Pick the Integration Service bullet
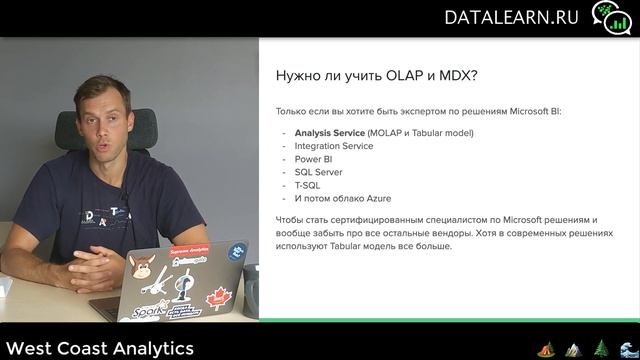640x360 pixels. point(334,146)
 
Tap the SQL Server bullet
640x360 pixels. point(319,172)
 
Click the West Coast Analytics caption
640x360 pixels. point(98,348)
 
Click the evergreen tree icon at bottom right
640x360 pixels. point(601,348)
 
